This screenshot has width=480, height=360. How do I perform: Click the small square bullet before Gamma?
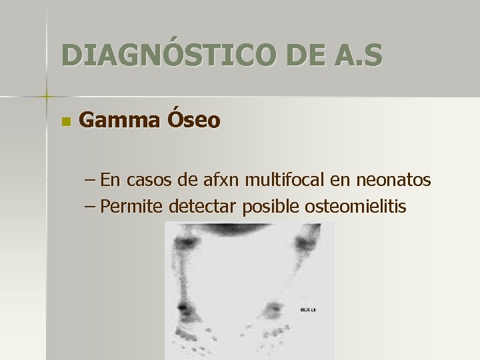coord(65,122)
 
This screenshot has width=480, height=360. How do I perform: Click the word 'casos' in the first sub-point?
coord(150,180)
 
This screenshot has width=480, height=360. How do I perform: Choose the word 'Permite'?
coord(133,207)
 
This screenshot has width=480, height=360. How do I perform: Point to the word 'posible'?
coord(271,207)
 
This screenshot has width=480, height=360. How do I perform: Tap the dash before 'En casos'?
coord(91,180)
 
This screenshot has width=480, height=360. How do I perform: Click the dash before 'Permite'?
coord(91,207)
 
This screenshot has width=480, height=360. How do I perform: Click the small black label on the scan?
coord(307,309)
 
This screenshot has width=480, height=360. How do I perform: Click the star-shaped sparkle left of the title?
coord(47,97)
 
